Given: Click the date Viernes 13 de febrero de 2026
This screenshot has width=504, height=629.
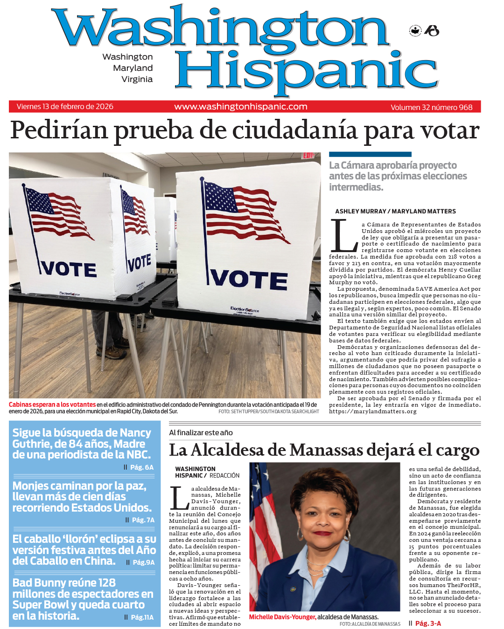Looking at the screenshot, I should pos(65,107).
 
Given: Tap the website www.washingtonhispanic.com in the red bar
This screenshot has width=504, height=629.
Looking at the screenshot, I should pos(241,107).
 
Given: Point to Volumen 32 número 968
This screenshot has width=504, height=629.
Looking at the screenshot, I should pos(431,107).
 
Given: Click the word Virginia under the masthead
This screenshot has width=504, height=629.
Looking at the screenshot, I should pos(137,79).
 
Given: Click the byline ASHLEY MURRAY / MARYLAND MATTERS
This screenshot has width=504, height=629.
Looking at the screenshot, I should pos(395,211).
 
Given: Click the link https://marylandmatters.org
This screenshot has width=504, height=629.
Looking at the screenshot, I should pos(372,411).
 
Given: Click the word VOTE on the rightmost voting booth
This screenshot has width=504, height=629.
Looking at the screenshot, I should pos(248,279).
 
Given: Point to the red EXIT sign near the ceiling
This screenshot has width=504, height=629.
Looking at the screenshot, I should pos(308,155).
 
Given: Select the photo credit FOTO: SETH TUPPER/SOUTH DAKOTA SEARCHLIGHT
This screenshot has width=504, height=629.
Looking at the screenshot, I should pos(269,411).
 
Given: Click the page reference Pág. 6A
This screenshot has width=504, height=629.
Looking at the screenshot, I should pos(141,467).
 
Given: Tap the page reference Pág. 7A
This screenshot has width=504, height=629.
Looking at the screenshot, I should pos(143,520).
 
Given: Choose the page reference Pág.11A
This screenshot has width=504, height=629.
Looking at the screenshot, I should pos(142,617).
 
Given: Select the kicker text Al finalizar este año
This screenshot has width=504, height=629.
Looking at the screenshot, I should pos(201,433).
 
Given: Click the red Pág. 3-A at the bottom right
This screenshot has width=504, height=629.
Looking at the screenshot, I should pos(428,623).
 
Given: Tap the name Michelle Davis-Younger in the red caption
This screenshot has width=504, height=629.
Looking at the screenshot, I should pos(282,617).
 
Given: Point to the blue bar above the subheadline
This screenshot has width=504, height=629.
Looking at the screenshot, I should pos(370,154).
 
